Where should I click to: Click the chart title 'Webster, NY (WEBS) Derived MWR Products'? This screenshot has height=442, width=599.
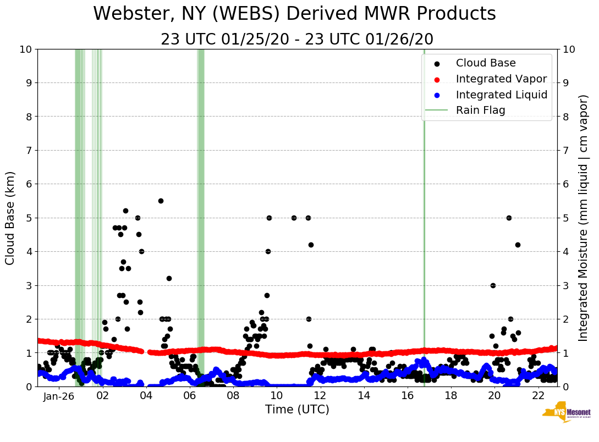pyautogui.click(x=294, y=14)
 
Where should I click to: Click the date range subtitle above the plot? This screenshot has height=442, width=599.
pyautogui.click(x=297, y=40)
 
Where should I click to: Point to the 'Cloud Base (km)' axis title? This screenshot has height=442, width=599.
pyautogui.click(x=10, y=217)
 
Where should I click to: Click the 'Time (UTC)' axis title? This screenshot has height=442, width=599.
pyautogui.click(x=297, y=410)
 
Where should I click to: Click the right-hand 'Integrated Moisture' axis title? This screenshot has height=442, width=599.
pyautogui.click(x=584, y=217)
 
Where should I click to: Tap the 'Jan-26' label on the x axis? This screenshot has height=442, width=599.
pyautogui.click(x=59, y=396)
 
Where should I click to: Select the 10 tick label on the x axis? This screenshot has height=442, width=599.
pyautogui.click(x=276, y=396)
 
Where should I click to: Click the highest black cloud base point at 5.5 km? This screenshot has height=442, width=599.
pyautogui.click(x=161, y=201)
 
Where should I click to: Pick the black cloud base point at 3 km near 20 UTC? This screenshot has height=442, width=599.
pyautogui.click(x=493, y=285)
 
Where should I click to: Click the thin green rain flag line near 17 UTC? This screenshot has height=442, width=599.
pyautogui.click(x=424, y=220)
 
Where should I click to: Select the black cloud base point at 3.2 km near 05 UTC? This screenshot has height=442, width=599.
pyautogui.click(x=169, y=278)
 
